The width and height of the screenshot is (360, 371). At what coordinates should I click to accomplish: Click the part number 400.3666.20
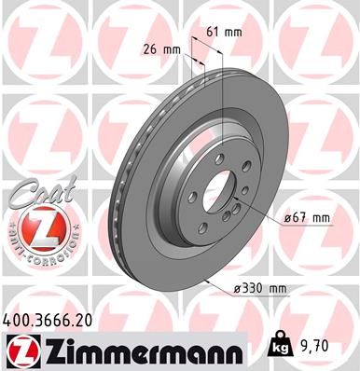(54, 318)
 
